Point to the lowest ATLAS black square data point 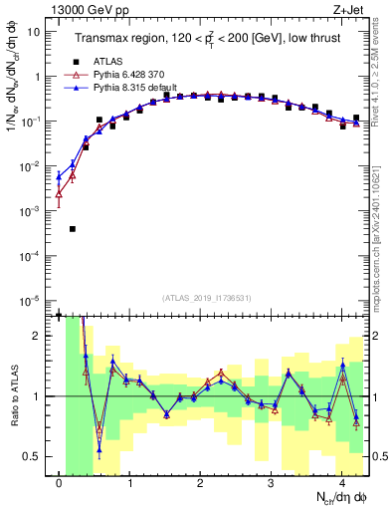click(73, 229)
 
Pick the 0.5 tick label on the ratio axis click(32, 456)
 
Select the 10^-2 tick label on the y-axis click(30, 166)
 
